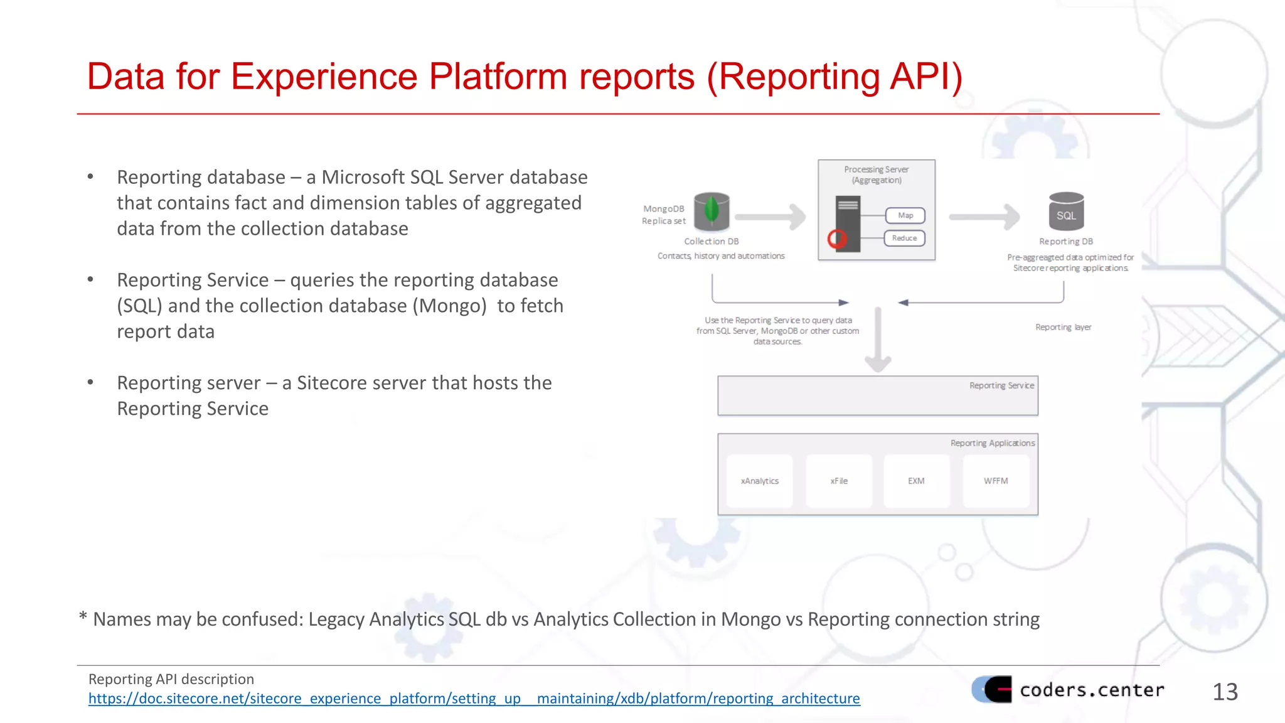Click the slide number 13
(x=1225, y=692)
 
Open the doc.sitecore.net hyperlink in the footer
(x=474, y=699)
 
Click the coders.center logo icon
(x=993, y=689)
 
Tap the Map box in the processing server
(x=905, y=215)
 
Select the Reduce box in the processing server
(x=904, y=238)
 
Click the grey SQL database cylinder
(x=1066, y=212)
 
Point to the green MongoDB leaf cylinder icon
(x=712, y=212)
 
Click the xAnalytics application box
(x=759, y=481)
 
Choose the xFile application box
(x=839, y=481)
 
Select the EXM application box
(x=916, y=481)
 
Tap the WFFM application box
(x=996, y=481)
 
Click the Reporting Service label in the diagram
(x=1001, y=385)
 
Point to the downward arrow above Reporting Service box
(x=878, y=342)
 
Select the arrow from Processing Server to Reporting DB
(x=985, y=217)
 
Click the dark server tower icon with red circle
(x=847, y=224)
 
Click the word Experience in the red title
(x=324, y=77)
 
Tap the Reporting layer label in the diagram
(x=1063, y=327)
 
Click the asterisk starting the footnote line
(x=83, y=618)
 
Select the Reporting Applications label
(x=992, y=443)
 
